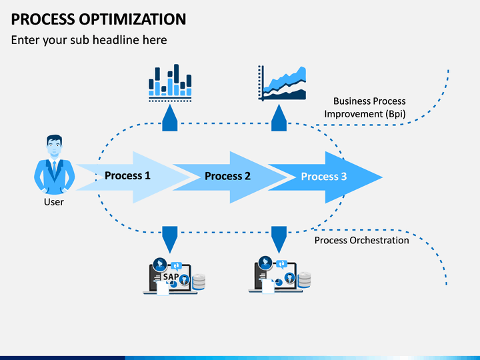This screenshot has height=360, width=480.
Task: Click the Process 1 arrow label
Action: coord(127,176)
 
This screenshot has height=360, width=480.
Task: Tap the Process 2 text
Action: coord(227,176)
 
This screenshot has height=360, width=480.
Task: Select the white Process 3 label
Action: coord(324,177)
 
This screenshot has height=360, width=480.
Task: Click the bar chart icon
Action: coord(170,83)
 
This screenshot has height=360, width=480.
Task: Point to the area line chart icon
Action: coord(282,83)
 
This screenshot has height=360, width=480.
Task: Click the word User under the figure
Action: coord(54,202)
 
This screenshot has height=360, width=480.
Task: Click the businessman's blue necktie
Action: coord(55,169)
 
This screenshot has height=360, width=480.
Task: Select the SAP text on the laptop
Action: coord(171,277)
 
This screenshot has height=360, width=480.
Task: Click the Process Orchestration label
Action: coord(362,241)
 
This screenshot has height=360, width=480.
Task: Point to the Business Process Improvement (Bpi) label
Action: coord(365,107)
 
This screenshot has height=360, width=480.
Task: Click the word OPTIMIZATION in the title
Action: coord(133,19)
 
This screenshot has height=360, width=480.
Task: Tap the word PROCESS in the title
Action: coord(43,19)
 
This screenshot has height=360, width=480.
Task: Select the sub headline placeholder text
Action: coord(89,40)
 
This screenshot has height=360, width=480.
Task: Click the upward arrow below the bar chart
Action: coord(170,118)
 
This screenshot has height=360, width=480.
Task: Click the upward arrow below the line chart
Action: coord(279,118)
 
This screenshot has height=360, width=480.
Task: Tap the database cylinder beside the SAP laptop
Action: coord(199,281)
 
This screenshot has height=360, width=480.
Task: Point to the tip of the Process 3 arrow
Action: coord(383,177)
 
